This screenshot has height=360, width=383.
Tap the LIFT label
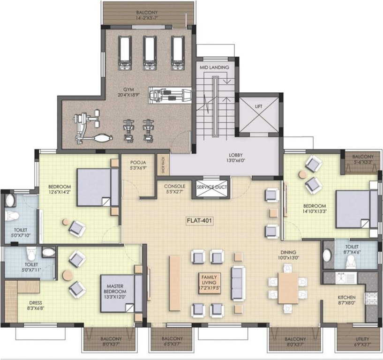tap(259, 106)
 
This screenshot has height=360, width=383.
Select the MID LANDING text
tap(214, 67)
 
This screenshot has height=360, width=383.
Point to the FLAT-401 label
tap(199, 218)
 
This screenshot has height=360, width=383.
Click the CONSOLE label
tap(174, 186)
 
